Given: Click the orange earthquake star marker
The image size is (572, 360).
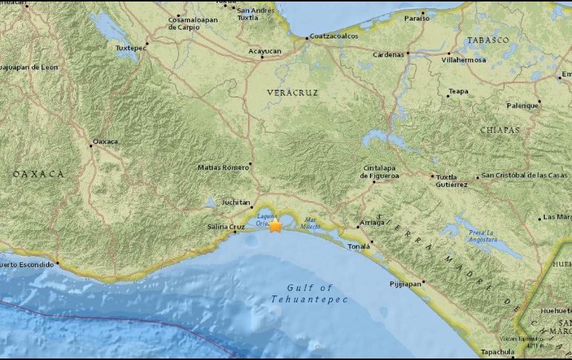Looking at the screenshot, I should click(x=275, y=226).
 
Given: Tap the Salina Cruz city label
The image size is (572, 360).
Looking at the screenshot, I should click(x=226, y=226).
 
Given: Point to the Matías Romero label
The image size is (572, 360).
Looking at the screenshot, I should click(x=224, y=167).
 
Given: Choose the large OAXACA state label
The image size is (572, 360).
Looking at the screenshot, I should click(x=38, y=174).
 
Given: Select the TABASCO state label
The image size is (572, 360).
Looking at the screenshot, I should click(x=487, y=39).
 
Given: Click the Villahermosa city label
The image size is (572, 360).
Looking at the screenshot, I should click(x=464, y=59).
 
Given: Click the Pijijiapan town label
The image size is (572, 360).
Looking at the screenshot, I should click(x=406, y=284).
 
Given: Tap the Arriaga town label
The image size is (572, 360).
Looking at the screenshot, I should click(x=373, y=222).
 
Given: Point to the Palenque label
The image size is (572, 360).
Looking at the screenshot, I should click(x=522, y=105).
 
